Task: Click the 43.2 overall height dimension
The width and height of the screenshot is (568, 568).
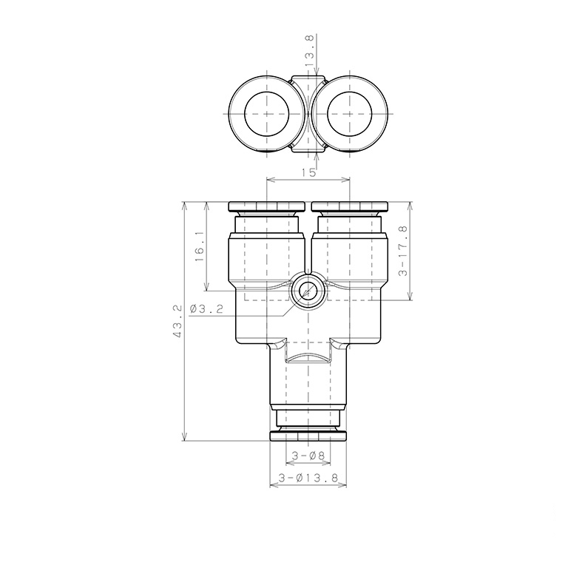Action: click(177, 321)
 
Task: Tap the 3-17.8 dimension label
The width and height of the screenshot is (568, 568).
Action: click(403, 251)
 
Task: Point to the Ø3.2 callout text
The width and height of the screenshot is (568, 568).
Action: click(206, 309)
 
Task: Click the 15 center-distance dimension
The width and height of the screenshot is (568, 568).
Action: click(308, 172)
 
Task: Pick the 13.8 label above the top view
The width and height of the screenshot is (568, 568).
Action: click(310, 50)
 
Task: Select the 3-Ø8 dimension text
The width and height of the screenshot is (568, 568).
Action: click(308, 456)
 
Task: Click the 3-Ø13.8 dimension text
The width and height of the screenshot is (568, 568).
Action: click(308, 479)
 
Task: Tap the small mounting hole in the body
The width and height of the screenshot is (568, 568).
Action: click(308, 291)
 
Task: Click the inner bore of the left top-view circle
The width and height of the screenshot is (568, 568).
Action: click(267, 114)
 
